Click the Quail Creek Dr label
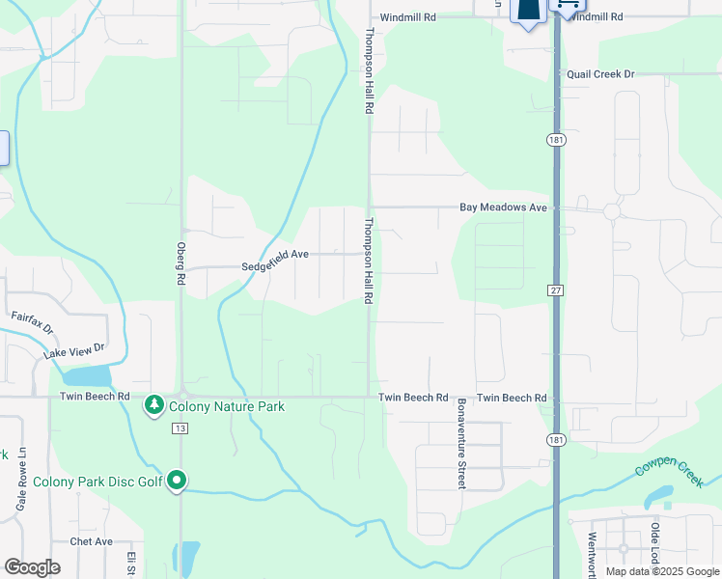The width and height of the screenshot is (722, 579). (600, 74)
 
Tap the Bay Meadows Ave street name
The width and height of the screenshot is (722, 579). (503, 207)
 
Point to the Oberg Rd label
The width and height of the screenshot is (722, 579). (180, 263)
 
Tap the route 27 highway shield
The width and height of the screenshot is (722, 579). (555, 289)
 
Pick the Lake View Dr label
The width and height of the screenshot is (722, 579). (73, 350)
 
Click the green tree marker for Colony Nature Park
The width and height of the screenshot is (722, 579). (153, 406)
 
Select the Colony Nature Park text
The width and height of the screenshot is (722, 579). (227, 407)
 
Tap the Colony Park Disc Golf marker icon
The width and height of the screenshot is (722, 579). (177, 480)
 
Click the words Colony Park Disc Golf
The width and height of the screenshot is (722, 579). (97, 482)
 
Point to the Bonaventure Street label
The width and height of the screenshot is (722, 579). (461, 443)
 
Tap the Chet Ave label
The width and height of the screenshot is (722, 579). (92, 542)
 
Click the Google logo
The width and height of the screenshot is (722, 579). (32, 567)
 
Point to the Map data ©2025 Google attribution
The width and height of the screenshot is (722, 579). (661, 571)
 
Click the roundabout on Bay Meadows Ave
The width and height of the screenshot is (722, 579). (611, 211)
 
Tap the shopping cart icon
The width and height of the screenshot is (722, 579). (567, 5)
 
